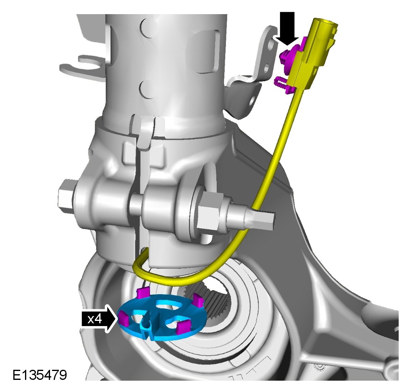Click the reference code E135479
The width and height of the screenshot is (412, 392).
click(40, 375)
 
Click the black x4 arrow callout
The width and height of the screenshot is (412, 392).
click(99, 319)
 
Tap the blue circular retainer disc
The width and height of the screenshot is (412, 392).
click(160, 317)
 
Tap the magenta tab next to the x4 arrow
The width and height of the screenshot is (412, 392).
click(123, 318)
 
